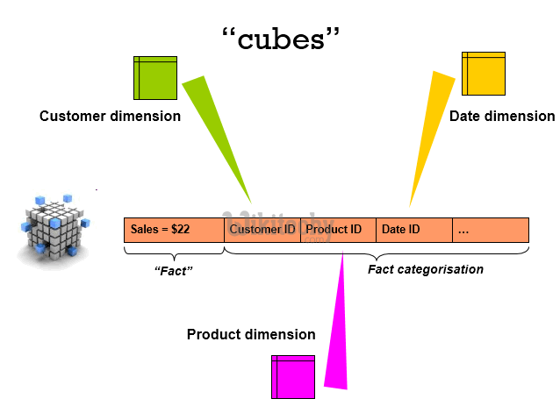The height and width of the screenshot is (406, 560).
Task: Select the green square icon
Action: pyautogui.click(x=155, y=77)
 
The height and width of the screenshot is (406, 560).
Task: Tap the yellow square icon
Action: pyautogui.click(x=484, y=74)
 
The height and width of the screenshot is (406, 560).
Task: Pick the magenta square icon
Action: pyautogui.click(x=293, y=376)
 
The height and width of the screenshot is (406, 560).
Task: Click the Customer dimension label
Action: pyautogui.click(x=110, y=116)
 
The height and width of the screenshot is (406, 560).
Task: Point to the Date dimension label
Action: pyautogui.click(x=501, y=116)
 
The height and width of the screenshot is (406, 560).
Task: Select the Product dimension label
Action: pyautogui.click(x=250, y=334)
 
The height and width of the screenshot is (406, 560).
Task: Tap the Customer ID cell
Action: pyautogui.click(x=262, y=230)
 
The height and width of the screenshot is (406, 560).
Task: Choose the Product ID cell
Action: pyautogui.click(x=337, y=230)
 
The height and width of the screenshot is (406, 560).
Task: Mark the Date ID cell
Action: pyautogui.click(x=413, y=230)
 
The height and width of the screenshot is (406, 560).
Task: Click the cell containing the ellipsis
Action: pyautogui.click(x=490, y=230)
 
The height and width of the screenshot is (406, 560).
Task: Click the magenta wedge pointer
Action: pyautogui.click(x=337, y=324)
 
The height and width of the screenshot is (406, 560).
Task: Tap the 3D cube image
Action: pyautogui.click(x=54, y=227)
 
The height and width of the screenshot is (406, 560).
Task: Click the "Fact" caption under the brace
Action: pyautogui.click(x=173, y=271)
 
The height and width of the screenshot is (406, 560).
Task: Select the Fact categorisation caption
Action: pyautogui.click(x=425, y=269)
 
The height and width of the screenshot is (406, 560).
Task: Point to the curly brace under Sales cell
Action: pyautogui.click(x=173, y=253)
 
